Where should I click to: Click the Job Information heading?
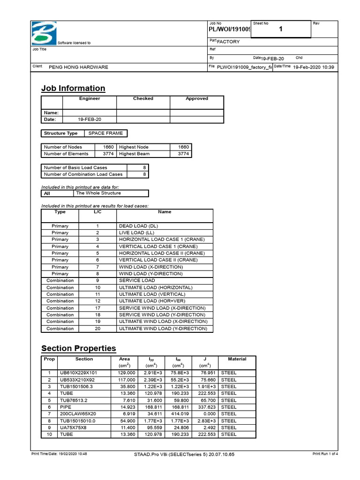(73, 88)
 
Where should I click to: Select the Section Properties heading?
(78, 348)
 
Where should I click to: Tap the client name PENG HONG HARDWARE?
(78, 67)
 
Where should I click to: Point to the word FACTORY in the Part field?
(228, 42)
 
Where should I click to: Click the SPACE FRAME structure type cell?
(105, 133)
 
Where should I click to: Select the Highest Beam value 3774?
(183, 154)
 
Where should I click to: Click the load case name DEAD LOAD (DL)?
(138, 226)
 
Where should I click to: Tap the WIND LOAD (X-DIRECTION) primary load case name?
(151, 267)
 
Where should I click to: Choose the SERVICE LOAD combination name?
(137, 280)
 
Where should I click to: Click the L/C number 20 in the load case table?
(97, 329)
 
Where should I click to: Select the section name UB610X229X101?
(77, 373)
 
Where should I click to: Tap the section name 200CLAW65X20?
(78, 414)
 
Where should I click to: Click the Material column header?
(237, 359)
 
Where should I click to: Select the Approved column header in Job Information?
(196, 99)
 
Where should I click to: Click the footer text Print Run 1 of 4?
(325, 454)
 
